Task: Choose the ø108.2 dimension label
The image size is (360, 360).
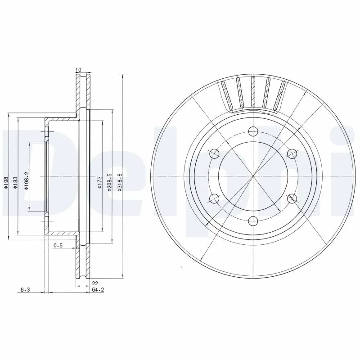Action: tap(27, 181)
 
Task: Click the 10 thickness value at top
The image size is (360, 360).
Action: tap(78, 70)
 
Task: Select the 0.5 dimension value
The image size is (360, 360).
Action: tap(58, 245)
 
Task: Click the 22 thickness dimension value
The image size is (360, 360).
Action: tap(95, 283)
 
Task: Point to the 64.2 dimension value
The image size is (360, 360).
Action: tap(94, 290)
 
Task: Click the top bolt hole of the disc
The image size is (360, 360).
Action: tap(253, 132)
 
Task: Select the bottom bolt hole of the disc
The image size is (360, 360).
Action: tap(253, 220)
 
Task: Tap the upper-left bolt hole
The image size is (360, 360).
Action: tap(214, 154)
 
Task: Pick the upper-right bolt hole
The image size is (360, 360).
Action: tap(292, 154)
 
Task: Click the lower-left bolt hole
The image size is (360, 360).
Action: tap(214, 198)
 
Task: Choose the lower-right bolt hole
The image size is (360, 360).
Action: tap(292, 198)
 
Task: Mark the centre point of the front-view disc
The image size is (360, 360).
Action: tap(253, 176)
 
